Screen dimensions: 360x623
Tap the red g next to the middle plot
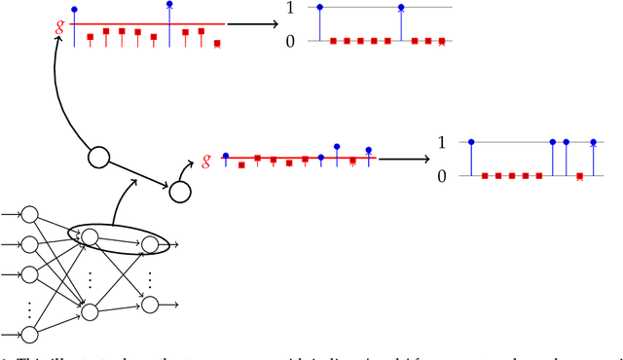206,160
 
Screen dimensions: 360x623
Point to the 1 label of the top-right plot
281,8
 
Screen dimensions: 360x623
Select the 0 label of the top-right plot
281,42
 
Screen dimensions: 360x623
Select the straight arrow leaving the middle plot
404,158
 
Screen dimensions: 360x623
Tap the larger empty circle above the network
99,157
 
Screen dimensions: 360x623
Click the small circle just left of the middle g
179,192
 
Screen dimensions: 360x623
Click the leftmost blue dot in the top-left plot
74,9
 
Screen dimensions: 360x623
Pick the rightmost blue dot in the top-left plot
170,5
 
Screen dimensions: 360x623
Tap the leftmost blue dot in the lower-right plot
471,142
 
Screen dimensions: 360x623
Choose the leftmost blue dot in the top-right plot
321,8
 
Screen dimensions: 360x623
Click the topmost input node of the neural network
28,214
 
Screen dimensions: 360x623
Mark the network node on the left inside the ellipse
90,236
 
